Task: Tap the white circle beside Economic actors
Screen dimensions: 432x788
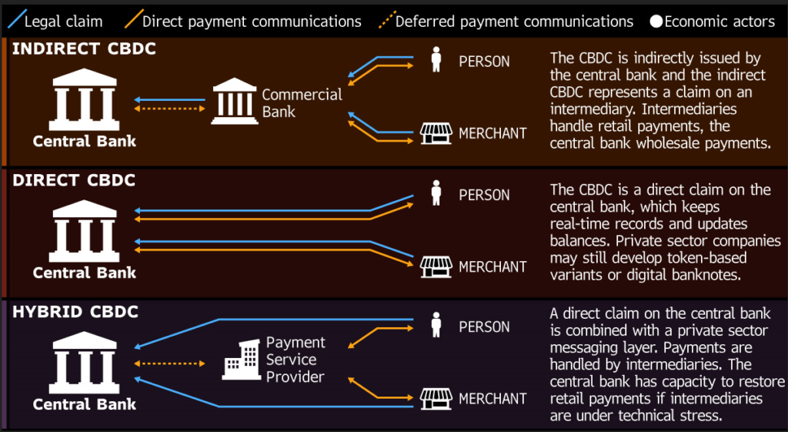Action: (656, 21)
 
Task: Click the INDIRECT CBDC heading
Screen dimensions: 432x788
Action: (83, 49)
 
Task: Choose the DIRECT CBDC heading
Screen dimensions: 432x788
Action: (73, 181)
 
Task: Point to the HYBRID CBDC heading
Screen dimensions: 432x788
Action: (75, 312)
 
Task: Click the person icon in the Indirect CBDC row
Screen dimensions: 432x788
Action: (436, 60)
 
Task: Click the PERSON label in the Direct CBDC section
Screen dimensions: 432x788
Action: (484, 195)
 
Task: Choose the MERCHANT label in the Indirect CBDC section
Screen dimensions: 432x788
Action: (492, 134)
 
